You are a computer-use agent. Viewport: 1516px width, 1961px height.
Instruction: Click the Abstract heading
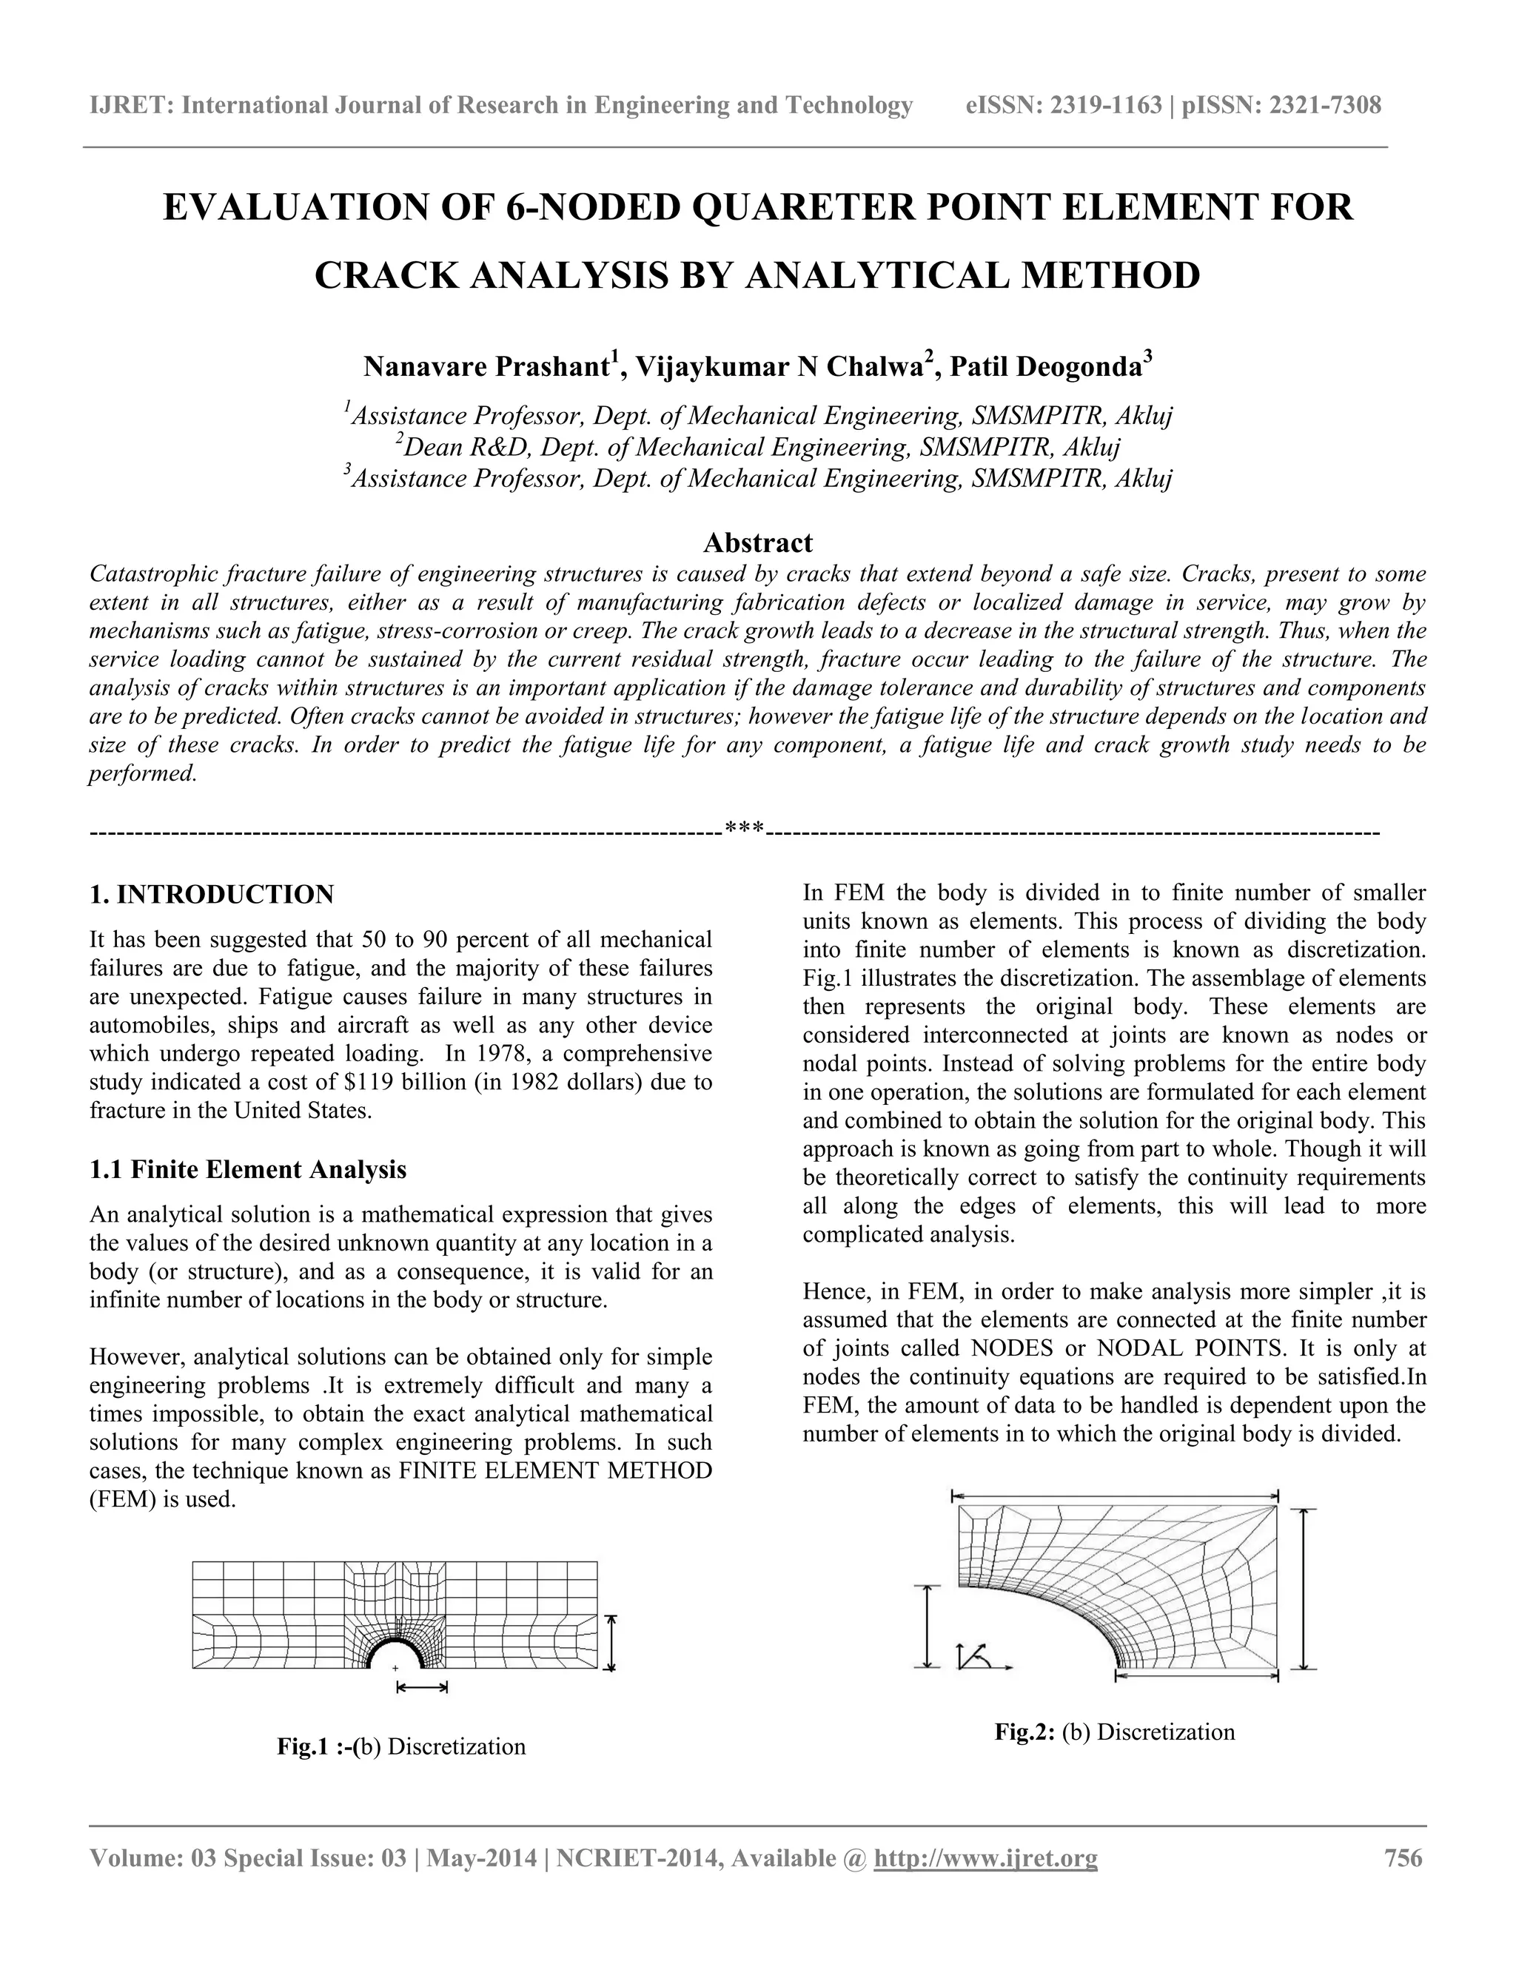click(757, 542)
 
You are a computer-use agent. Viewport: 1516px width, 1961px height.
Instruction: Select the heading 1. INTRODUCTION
click(212, 895)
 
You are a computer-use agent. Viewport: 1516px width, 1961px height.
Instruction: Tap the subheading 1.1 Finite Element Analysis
click(248, 1169)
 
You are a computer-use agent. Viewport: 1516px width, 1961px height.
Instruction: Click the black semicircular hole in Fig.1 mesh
click(396, 1652)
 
